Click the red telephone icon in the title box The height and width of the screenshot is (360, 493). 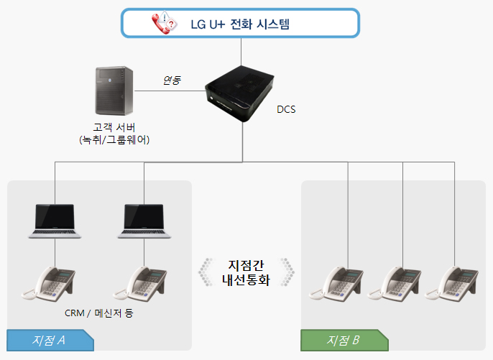point(165,23)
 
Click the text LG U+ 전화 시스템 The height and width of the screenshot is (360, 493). point(240,24)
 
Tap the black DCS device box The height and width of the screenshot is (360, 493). point(239,93)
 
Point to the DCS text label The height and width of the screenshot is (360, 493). point(286,109)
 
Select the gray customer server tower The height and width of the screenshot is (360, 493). point(114,91)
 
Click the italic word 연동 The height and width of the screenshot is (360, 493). point(172,80)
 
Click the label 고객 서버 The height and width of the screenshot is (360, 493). point(114,127)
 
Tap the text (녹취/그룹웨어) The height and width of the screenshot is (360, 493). point(114,139)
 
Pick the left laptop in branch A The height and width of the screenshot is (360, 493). point(55,221)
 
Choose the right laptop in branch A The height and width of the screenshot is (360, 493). point(144,221)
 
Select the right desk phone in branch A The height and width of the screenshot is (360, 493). point(140,284)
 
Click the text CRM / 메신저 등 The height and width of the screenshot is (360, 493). point(99,313)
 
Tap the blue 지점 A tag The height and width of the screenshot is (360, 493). point(50,340)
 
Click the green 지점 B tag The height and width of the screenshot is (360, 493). point(345,340)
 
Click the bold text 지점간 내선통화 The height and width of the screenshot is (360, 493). point(246,273)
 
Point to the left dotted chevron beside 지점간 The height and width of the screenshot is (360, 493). point(206,272)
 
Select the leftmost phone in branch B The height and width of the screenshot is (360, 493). point(336,284)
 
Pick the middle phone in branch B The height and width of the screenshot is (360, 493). point(395,284)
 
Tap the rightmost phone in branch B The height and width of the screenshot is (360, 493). point(452,284)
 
